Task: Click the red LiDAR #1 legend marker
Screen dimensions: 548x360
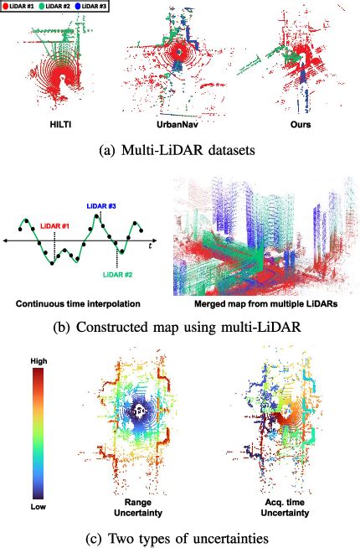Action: (x=7, y=6)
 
